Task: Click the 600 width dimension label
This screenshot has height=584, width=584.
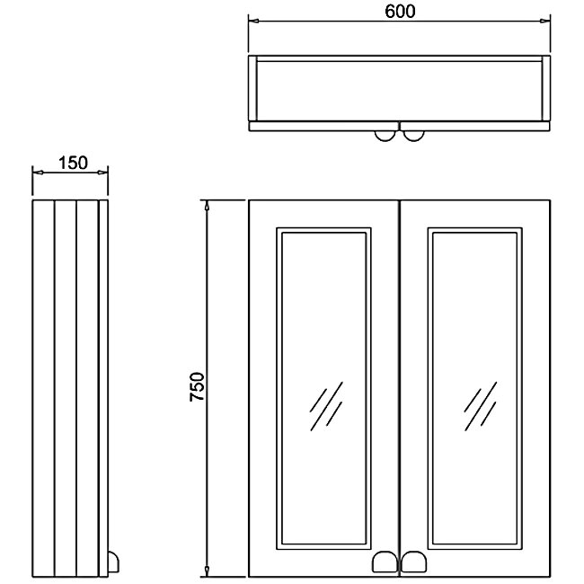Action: (400, 11)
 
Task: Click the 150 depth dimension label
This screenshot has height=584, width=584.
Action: (73, 163)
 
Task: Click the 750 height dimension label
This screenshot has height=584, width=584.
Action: (197, 386)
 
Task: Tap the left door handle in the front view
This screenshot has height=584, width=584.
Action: (385, 562)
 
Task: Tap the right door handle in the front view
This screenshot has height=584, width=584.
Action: (413, 562)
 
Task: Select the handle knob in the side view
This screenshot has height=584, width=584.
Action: (113, 562)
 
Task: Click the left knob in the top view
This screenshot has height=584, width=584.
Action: (385, 136)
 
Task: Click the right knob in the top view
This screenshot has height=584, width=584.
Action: (413, 136)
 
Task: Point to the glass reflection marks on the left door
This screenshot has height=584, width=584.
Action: (326, 406)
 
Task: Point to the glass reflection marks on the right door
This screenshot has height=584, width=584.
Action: (481, 406)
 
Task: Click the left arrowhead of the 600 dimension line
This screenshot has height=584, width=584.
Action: (253, 21)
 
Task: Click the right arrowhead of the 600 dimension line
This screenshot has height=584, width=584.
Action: (545, 21)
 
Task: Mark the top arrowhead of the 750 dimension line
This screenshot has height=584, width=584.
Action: (207, 206)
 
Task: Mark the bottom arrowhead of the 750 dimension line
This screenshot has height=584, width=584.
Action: (207, 571)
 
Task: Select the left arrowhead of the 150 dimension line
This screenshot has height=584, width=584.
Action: (38, 173)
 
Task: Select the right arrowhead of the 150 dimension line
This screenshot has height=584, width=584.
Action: (102, 173)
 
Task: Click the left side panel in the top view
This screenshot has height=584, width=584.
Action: (252, 88)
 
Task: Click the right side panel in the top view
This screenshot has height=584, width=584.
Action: (546, 88)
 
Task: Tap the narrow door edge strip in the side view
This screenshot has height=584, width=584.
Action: (103, 388)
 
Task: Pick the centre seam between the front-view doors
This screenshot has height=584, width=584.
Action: (399, 388)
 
